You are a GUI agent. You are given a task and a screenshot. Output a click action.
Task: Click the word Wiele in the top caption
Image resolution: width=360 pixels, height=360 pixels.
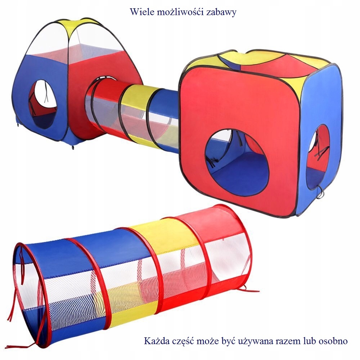141,12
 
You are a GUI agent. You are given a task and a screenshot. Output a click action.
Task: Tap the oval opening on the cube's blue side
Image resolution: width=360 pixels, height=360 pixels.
319,157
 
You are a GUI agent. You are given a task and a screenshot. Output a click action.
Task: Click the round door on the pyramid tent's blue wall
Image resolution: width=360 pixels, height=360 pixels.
42,104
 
